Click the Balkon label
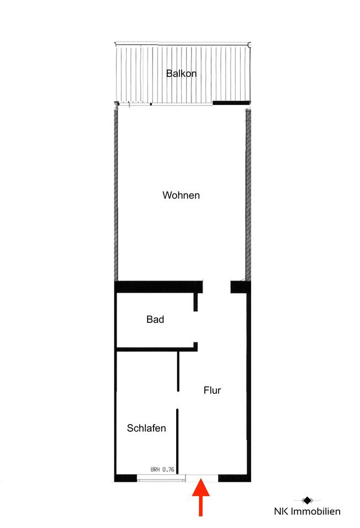(181, 73)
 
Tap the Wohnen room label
(181, 195)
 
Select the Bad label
(155, 319)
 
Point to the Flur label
(212, 391)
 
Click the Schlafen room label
(146, 428)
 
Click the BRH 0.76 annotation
(162, 469)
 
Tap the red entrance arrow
(200, 497)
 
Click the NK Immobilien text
(307, 511)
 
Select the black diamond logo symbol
(307, 501)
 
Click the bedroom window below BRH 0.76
(161, 478)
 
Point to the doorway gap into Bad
(195, 327)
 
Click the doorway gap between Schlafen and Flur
(178, 400)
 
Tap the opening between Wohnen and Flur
(216, 287)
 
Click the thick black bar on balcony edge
(232, 103)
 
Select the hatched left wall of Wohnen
(116, 196)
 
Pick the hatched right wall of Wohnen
(248, 196)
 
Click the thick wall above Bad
(159, 287)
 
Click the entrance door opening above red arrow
(202, 478)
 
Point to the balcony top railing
(183, 44)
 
